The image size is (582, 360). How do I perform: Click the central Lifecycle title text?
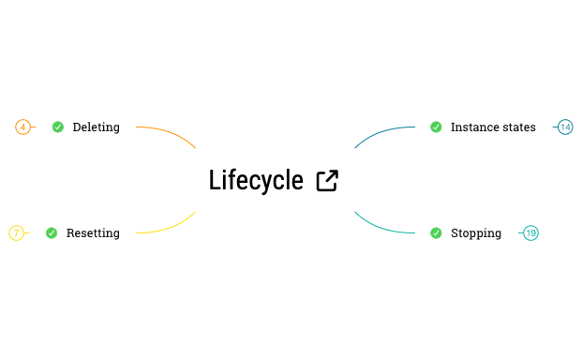256,180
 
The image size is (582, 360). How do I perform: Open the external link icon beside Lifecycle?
327,181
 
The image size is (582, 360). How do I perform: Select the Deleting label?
96,127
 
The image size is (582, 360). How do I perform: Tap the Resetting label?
93,233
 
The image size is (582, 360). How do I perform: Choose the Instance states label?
493,127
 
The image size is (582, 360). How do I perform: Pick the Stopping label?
476,233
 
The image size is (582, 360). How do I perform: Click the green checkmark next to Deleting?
58,127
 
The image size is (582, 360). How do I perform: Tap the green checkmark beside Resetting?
52,233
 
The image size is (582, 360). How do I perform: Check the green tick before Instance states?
436,127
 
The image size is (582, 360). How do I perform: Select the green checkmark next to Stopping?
436,233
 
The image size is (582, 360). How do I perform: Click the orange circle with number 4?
23,127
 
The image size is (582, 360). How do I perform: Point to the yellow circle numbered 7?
17,233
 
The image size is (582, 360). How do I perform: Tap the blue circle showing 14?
565,127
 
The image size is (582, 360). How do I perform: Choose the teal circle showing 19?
530,233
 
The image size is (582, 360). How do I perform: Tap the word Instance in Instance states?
473,127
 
